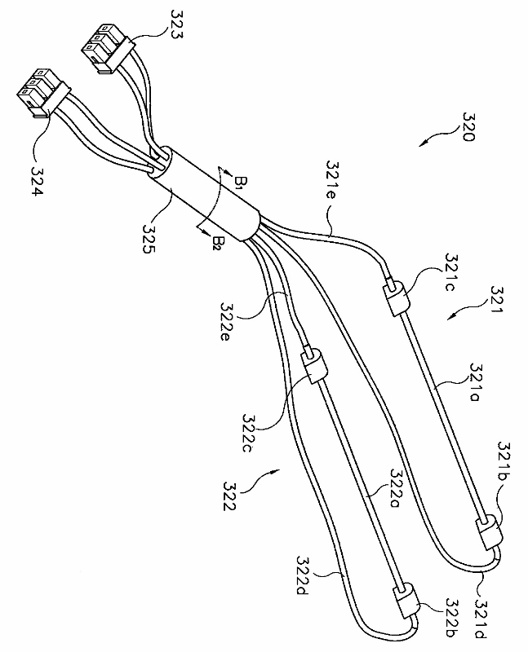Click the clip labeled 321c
pos(395,298)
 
